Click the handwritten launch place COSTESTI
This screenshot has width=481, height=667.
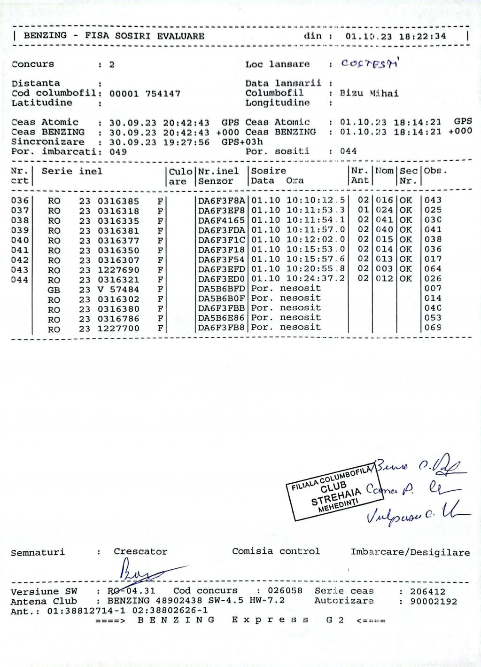(x=370, y=64)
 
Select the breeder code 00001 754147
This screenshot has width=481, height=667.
(x=145, y=94)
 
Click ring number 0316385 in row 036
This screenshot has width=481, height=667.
(x=118, y=201)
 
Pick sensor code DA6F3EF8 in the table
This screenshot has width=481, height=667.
(x=221, y=210)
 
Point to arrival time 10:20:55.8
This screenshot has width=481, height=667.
(x=316, y=269)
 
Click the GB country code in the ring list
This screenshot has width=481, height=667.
(x=54, y=290)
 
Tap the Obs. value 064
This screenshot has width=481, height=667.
(x=433, y=269)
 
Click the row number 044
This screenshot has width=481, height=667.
(x=20, y=280)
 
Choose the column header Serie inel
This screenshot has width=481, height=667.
(x=72, y=171)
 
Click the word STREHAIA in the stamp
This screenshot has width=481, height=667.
(x=336, y=496)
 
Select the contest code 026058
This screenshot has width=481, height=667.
(x=285, y=591)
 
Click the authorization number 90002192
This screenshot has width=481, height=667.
(x=434, y=601)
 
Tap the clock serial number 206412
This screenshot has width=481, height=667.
(x=427, y=591)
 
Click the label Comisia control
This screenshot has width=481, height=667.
(x=276, y=551)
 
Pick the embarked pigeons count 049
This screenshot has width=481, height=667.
(x=118, y=152)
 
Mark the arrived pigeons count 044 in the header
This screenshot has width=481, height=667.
(x=348, y=151)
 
